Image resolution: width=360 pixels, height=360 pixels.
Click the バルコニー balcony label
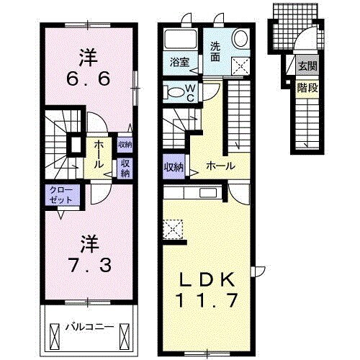click(x=89, y=326)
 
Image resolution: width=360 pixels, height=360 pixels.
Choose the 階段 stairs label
click(x=307, y=84)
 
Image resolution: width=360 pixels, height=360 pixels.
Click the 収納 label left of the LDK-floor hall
click(x=172, y=167)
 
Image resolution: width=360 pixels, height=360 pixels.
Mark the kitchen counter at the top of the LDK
click(x=194, y=194)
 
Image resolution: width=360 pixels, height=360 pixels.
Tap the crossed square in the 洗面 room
click(x=239, y=66)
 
